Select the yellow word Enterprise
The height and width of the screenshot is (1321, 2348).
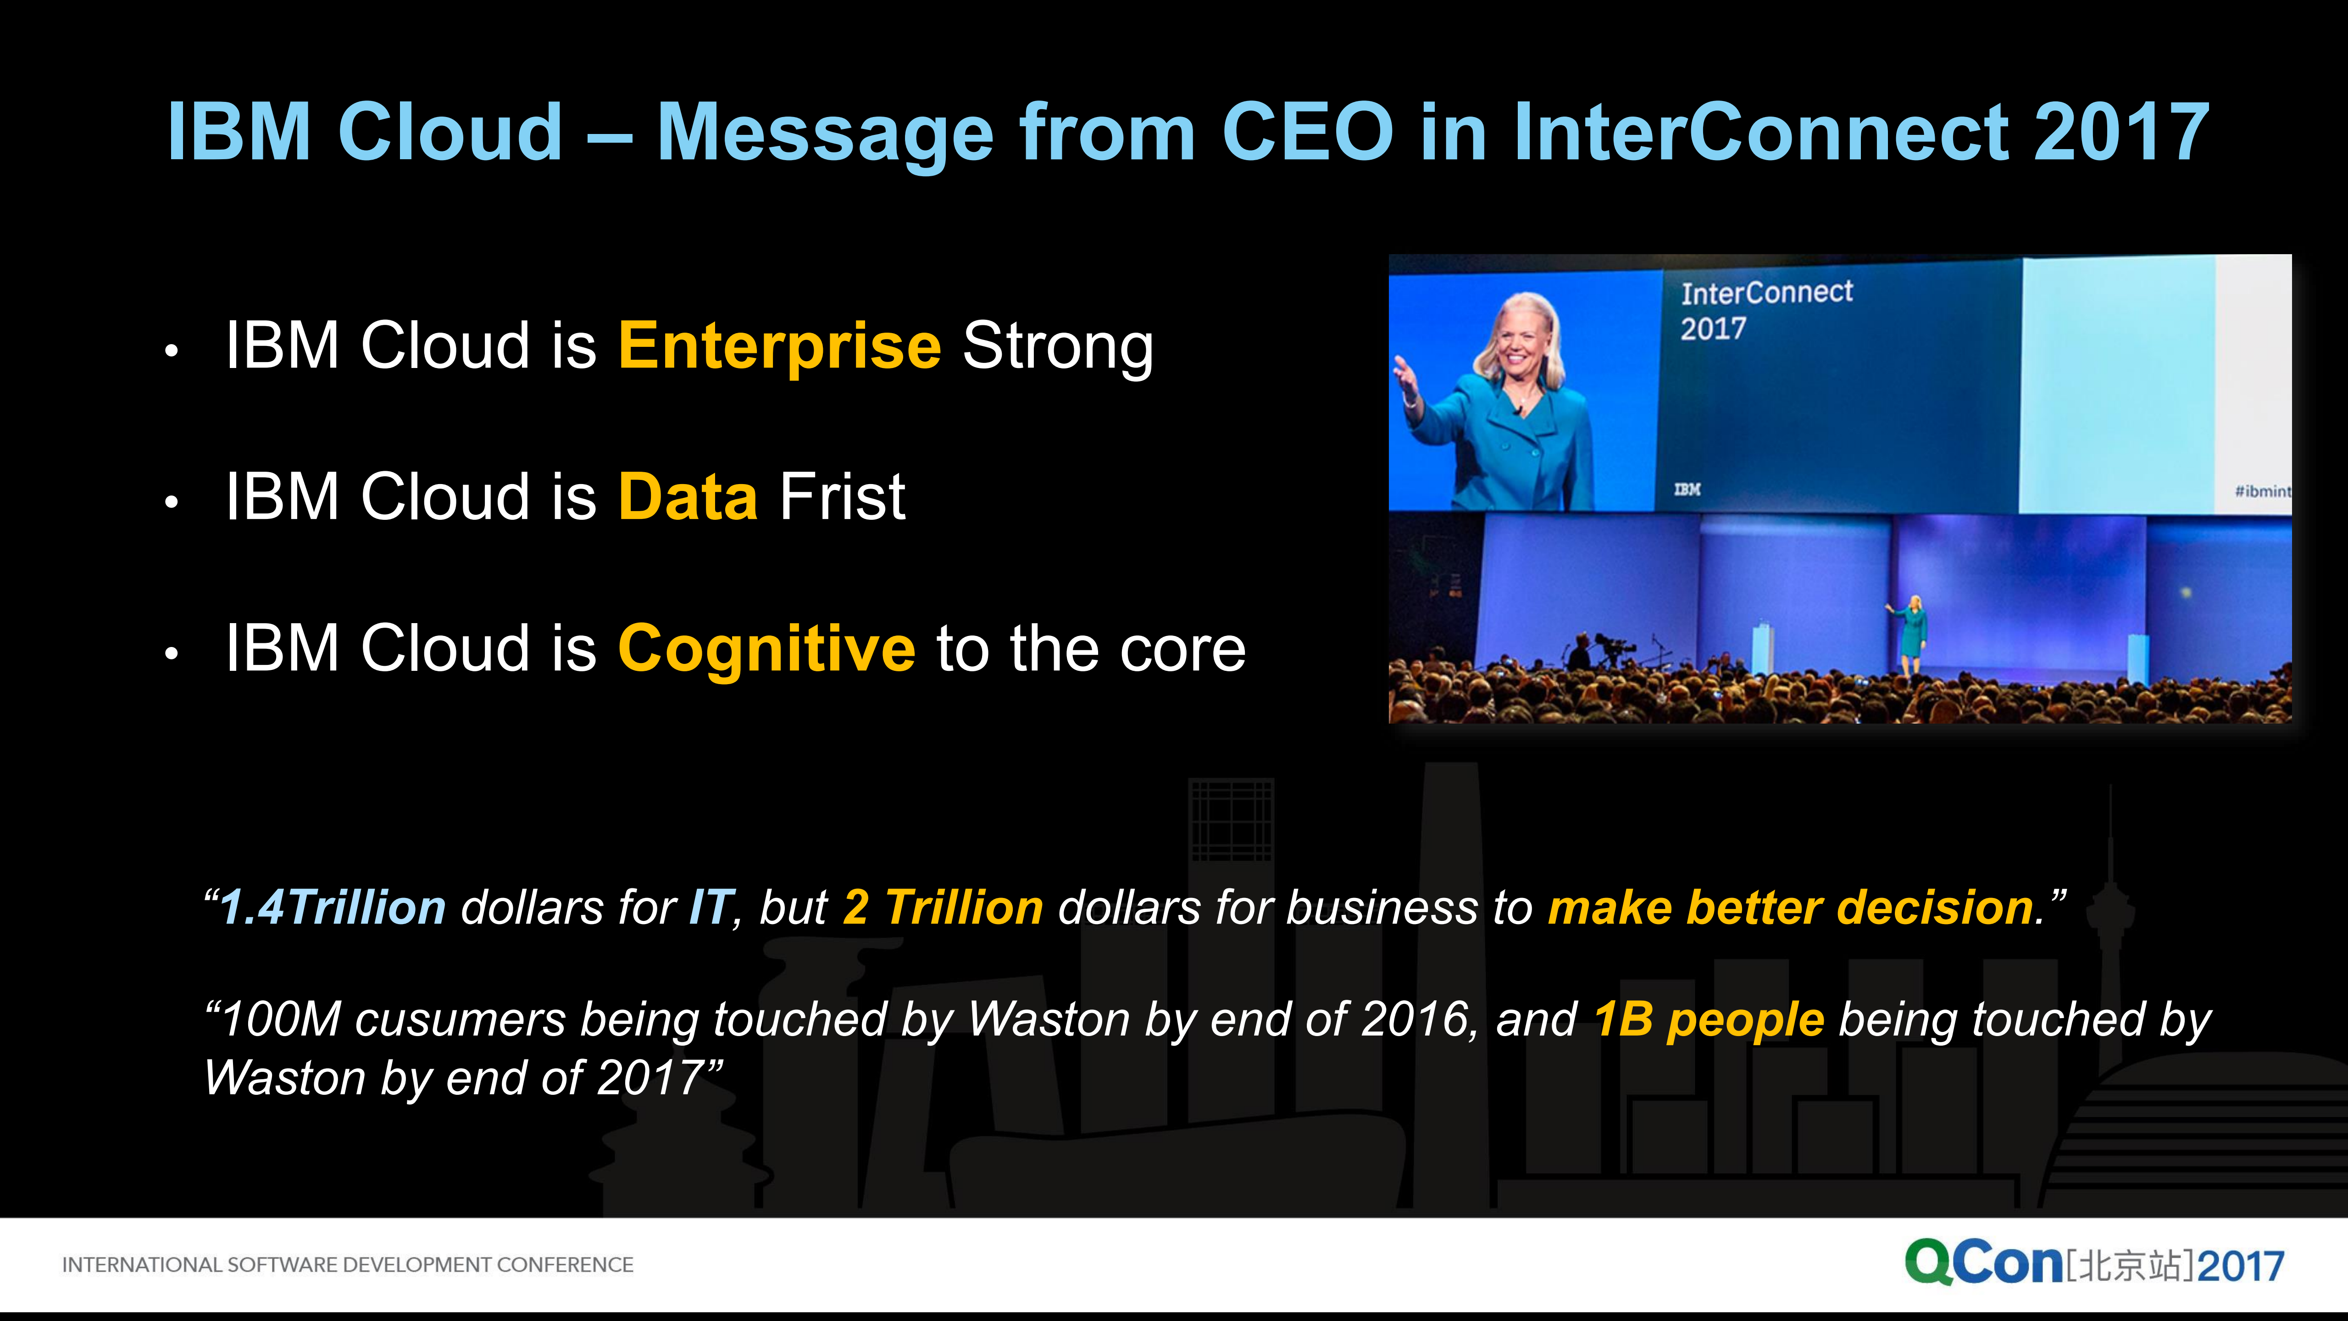coord(779,346)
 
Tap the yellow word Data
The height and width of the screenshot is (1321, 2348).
coord(687,498)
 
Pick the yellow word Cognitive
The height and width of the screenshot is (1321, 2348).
coord(766,649)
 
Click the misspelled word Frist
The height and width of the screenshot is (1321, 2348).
coord(842,498)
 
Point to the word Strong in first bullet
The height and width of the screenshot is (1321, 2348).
coord(1057,346)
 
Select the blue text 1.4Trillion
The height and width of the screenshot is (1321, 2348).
coord(333,908)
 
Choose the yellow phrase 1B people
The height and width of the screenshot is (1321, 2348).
coord(1709,1019)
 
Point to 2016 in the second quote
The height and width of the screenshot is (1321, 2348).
coord(1413,1019)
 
